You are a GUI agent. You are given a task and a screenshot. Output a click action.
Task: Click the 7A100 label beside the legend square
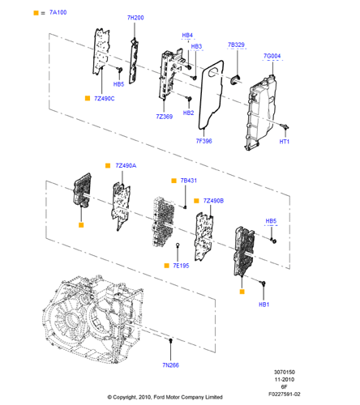pyautogui.click(x=58, y=12)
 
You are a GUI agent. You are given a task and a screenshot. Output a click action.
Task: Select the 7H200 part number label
pyautogui.click(x=135, y=18)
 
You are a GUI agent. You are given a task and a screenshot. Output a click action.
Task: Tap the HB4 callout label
pyautogui.click(x=187, y=36)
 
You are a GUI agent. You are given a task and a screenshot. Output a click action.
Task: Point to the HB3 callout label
pyautogui.click(x=196, y=46)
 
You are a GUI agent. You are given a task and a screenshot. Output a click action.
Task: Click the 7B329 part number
pyautogui.click(x=236, y=45)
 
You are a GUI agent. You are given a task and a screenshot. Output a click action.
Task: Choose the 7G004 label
pyautogui.click(x=272, y=56)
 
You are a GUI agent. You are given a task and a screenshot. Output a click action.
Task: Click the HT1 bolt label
pyautogui.click(x=285, y=142)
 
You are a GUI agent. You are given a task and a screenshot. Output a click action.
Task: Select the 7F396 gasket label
pyautogui.click(x=204, y=141)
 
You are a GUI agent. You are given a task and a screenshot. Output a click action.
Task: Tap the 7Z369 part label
pyautogui.click(x=165, y=117)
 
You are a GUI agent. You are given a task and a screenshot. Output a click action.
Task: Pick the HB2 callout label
pyautogui.click(x=188, y=113)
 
